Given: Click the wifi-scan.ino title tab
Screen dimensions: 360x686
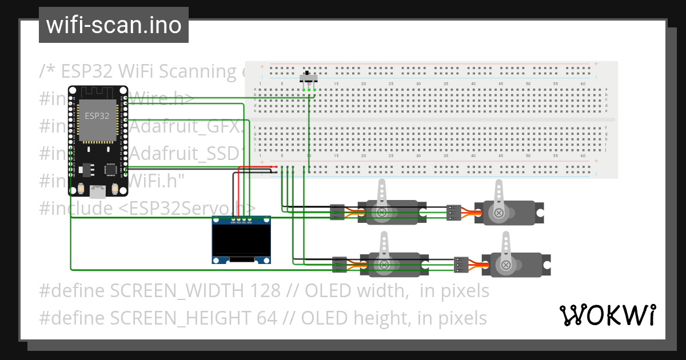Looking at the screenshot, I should point(113,25).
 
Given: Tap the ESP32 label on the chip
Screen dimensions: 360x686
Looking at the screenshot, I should point(97,115).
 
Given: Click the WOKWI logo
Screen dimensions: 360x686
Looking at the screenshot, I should point(607,315).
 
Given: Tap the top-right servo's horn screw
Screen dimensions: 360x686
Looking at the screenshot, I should point(499,213).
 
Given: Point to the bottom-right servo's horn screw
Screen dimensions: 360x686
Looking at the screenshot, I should point(505,265).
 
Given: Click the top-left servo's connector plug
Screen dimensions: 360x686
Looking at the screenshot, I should point(337,213).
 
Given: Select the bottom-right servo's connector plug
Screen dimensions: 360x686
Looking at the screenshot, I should point(461,265).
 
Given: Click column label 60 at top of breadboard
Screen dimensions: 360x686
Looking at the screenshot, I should point(583,84).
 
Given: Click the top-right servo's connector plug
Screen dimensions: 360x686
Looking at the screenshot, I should point(454,213).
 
